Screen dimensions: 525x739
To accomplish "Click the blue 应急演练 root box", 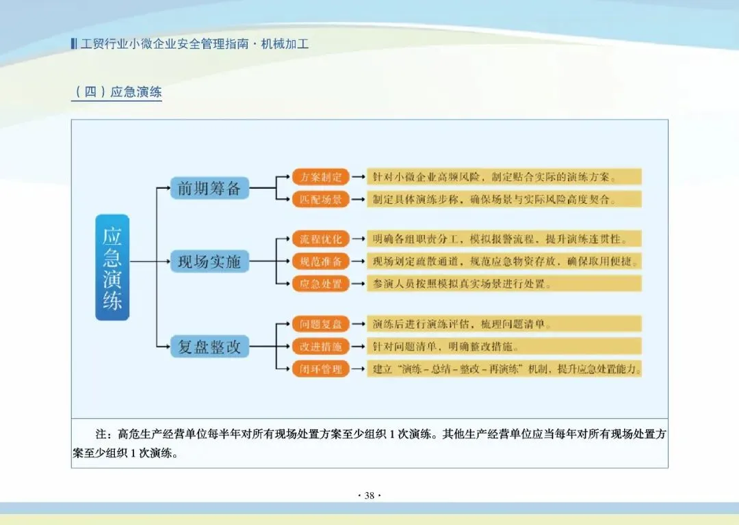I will click(112, 267).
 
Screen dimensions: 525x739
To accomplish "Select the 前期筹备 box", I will click(209, 188).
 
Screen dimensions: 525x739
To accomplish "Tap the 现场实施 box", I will click(209, 261).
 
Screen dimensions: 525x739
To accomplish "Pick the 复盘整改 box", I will click(209, 347).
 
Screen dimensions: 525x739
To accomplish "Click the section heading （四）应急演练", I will click(116, 92).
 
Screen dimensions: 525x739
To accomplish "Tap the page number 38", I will click(369, 496).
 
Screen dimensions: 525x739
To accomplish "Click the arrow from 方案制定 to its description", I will click(358, 177).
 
